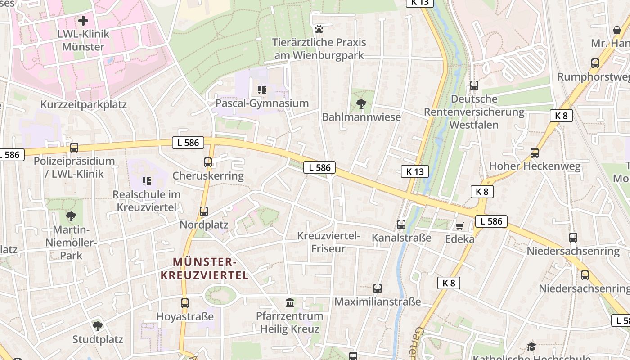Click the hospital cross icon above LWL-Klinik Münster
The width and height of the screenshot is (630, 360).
point(83,21)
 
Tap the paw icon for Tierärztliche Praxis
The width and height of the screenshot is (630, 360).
point(319,29)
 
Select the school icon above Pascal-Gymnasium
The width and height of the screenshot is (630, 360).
point(261,90)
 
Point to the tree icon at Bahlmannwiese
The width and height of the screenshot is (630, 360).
point(361,104)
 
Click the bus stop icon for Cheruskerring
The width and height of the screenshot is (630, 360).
point(208,162)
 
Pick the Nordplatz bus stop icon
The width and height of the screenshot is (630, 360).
point(204,211)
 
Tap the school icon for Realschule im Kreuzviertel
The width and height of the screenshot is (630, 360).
point(146,181)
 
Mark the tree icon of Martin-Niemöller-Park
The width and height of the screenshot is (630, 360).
point(71,216)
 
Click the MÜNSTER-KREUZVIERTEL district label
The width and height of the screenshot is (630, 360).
point(211,269)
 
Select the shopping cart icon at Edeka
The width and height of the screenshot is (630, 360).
point(459,226)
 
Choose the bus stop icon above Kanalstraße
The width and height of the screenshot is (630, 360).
point(401,224)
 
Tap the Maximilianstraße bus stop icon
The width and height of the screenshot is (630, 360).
point(378,288)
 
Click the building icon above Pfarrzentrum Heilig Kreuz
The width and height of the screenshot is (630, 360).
point(290,303)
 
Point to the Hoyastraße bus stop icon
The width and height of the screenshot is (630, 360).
point(185,303)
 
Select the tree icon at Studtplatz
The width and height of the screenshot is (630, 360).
point(98,326)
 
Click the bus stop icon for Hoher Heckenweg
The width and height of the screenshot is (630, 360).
point(535,153)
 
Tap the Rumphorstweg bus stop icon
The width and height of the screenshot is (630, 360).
point(595,63)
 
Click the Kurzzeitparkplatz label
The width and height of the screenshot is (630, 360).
point(84,104)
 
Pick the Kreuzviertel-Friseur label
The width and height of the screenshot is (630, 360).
point(328,242)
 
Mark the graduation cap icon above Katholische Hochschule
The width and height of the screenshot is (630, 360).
point(531,346)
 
